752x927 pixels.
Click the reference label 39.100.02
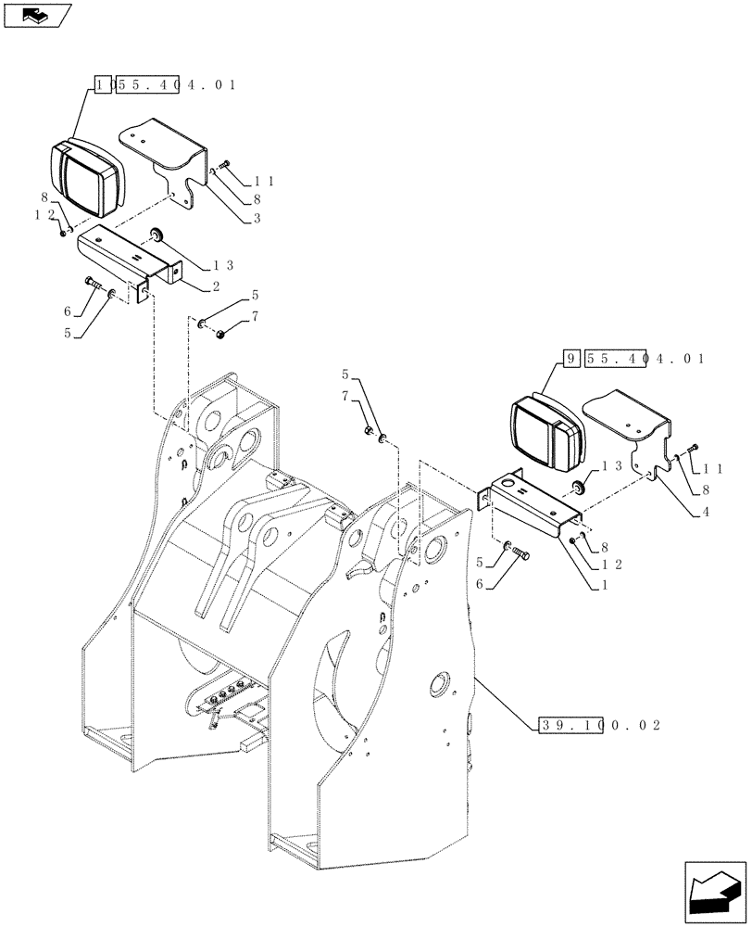pos(598,725)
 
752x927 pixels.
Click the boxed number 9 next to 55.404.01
pos(571,358)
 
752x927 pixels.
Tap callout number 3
pos(257,219)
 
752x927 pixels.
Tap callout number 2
pos(214,286)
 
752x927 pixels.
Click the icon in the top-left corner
pos(37,15)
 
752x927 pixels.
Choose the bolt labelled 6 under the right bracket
pos(520,553)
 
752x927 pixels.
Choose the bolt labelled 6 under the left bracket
pos(91,282)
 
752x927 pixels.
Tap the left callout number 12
pos(41,214)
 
